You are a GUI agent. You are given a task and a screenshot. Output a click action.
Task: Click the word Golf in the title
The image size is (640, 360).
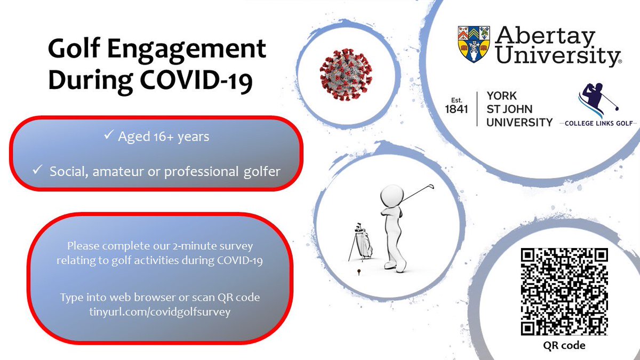(73, 50)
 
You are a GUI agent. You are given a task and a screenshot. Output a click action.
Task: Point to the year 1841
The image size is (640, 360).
(456, 109)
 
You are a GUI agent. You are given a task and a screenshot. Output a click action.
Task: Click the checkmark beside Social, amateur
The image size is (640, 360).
(37, 172)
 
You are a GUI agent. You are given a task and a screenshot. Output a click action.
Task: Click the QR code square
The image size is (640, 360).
(564, 291)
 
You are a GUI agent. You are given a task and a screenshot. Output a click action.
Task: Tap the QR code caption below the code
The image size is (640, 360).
(564, 345)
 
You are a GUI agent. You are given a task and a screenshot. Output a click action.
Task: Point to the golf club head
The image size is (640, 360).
(430, 186)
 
